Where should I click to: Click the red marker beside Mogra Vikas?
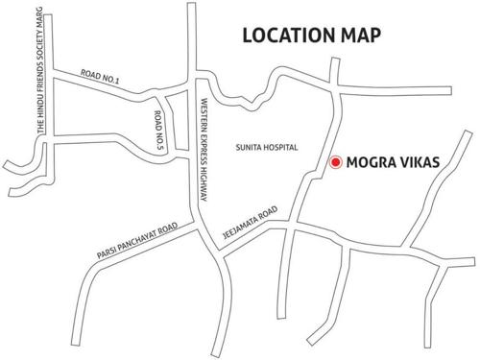pos(335,162)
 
